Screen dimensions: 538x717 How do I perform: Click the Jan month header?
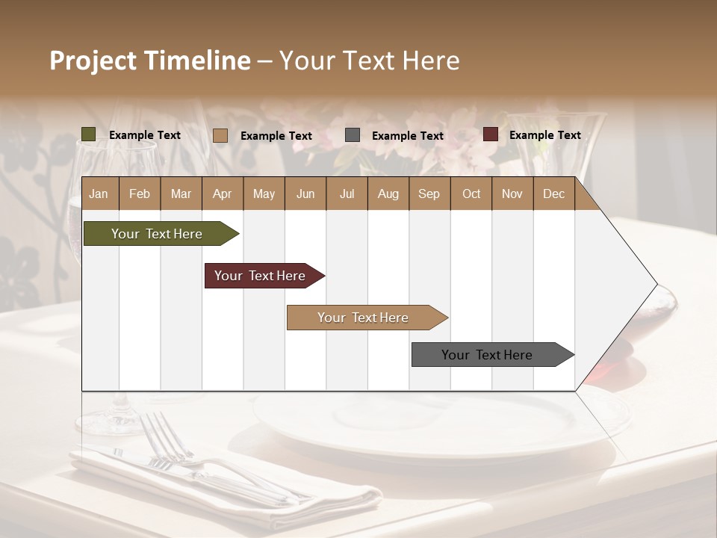(99, 194)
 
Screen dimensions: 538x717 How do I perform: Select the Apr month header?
(222, 194)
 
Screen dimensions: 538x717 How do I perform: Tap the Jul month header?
(347, 194)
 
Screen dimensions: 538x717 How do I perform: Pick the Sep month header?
(429, 194)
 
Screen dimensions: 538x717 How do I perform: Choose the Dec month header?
(553, 194)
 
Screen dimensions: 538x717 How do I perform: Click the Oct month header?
(471, 194)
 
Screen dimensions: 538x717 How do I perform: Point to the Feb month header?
(140, 194)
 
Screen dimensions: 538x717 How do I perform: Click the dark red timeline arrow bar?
(261, 276)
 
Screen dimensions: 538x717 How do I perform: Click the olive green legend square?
(89, 134)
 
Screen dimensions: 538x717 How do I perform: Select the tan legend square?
(220, 135)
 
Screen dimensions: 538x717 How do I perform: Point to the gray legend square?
(353, 135)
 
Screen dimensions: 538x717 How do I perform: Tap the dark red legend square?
(491, 134)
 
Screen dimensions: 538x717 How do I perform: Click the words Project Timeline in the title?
(149, 61)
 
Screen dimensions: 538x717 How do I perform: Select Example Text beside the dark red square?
(544, 135)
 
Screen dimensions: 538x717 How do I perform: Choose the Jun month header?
(305, 194)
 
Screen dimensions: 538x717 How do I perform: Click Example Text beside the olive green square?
(144, 135)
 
